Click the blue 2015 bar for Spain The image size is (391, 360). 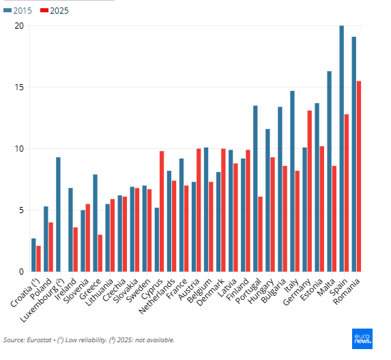(342, 148)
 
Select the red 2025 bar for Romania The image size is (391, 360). (359, 176)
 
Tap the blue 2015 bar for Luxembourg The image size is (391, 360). (58, 214)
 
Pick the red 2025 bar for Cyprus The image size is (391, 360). (162, 211)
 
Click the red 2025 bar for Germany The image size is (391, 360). (310, 191)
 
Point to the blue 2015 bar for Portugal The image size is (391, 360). (255, 189)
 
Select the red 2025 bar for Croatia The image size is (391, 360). (38, 259)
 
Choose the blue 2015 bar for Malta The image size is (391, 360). (329, 171)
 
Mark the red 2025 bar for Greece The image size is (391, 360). (100, 253)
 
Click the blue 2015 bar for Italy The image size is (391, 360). (292, 181)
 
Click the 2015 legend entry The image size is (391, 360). (18, 11)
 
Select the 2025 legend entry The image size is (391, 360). (55, 11)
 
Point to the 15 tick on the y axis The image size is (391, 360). (19, 87)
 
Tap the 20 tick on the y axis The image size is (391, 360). (19, 26)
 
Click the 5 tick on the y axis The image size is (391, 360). (21, 210)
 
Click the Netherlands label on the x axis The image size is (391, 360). (157, 296)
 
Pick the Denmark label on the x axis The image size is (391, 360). (210, 292)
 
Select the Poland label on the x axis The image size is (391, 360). (41, 289)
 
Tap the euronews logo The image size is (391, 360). (362, 339)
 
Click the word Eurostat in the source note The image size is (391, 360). (39, 340)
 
